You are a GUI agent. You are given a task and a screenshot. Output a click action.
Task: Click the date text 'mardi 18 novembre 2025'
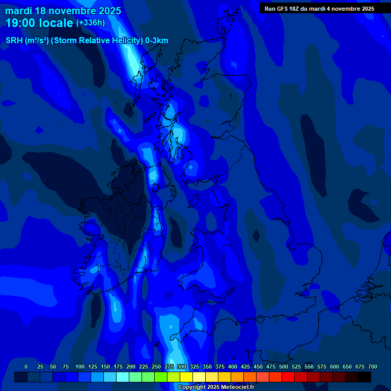pos(63,11)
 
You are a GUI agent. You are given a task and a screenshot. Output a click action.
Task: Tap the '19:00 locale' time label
pos(39,23)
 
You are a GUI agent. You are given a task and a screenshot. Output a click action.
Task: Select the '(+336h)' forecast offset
pos(90,23)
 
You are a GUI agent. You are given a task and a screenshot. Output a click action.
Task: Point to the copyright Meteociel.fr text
pos(216,387)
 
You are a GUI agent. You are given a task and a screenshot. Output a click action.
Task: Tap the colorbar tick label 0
pos(26,367)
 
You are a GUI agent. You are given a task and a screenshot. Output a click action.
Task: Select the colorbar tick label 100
pos(80,367)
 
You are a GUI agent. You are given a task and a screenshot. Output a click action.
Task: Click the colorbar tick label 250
pos(156,367)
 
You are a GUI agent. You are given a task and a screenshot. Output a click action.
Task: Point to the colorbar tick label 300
pos(182,367)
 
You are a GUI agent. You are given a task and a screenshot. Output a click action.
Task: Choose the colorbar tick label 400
pos(233,367)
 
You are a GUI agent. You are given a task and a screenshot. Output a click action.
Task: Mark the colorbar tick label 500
pos(284,367)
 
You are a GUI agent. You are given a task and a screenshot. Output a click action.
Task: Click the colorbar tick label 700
pos(373,367)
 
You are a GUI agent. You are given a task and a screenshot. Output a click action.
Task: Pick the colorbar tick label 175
pos(118,367)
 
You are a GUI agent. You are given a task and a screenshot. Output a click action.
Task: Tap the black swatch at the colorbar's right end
pos(365,377)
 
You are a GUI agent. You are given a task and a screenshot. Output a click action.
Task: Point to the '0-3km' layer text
pos(157,41)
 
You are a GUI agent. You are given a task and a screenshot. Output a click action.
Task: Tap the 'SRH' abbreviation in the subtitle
pos(14,41)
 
